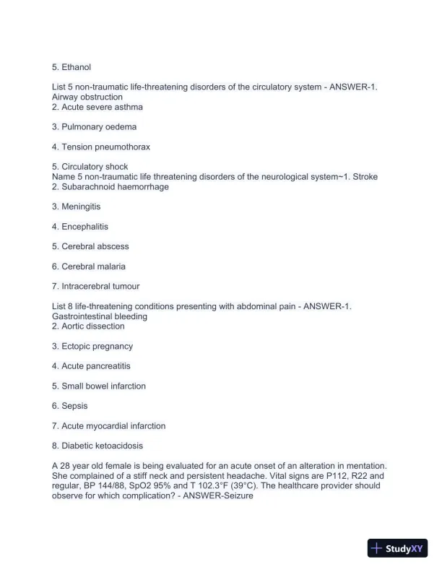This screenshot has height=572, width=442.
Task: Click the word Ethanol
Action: (x=76, y=67)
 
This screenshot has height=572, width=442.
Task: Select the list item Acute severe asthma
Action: (x=102, y=107)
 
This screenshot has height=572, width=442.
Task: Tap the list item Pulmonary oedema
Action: (x=99, y=127)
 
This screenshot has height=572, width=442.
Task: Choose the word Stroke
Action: (x=365, y=177)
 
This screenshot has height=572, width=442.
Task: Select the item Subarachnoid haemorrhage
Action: (x=115, y=187)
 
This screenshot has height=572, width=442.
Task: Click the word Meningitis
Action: (x=86, y=207)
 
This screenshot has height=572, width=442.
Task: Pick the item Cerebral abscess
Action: (x=95, y=246)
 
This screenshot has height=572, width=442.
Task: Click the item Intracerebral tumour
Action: (x=100, y=286)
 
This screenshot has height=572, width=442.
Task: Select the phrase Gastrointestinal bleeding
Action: (x=100, y=316)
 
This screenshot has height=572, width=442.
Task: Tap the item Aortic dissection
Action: (x=93, y=326)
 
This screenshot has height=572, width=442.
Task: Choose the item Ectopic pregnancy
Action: (x=97, y=347)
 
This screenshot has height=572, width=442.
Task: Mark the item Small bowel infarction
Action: (x=103, y=386)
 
